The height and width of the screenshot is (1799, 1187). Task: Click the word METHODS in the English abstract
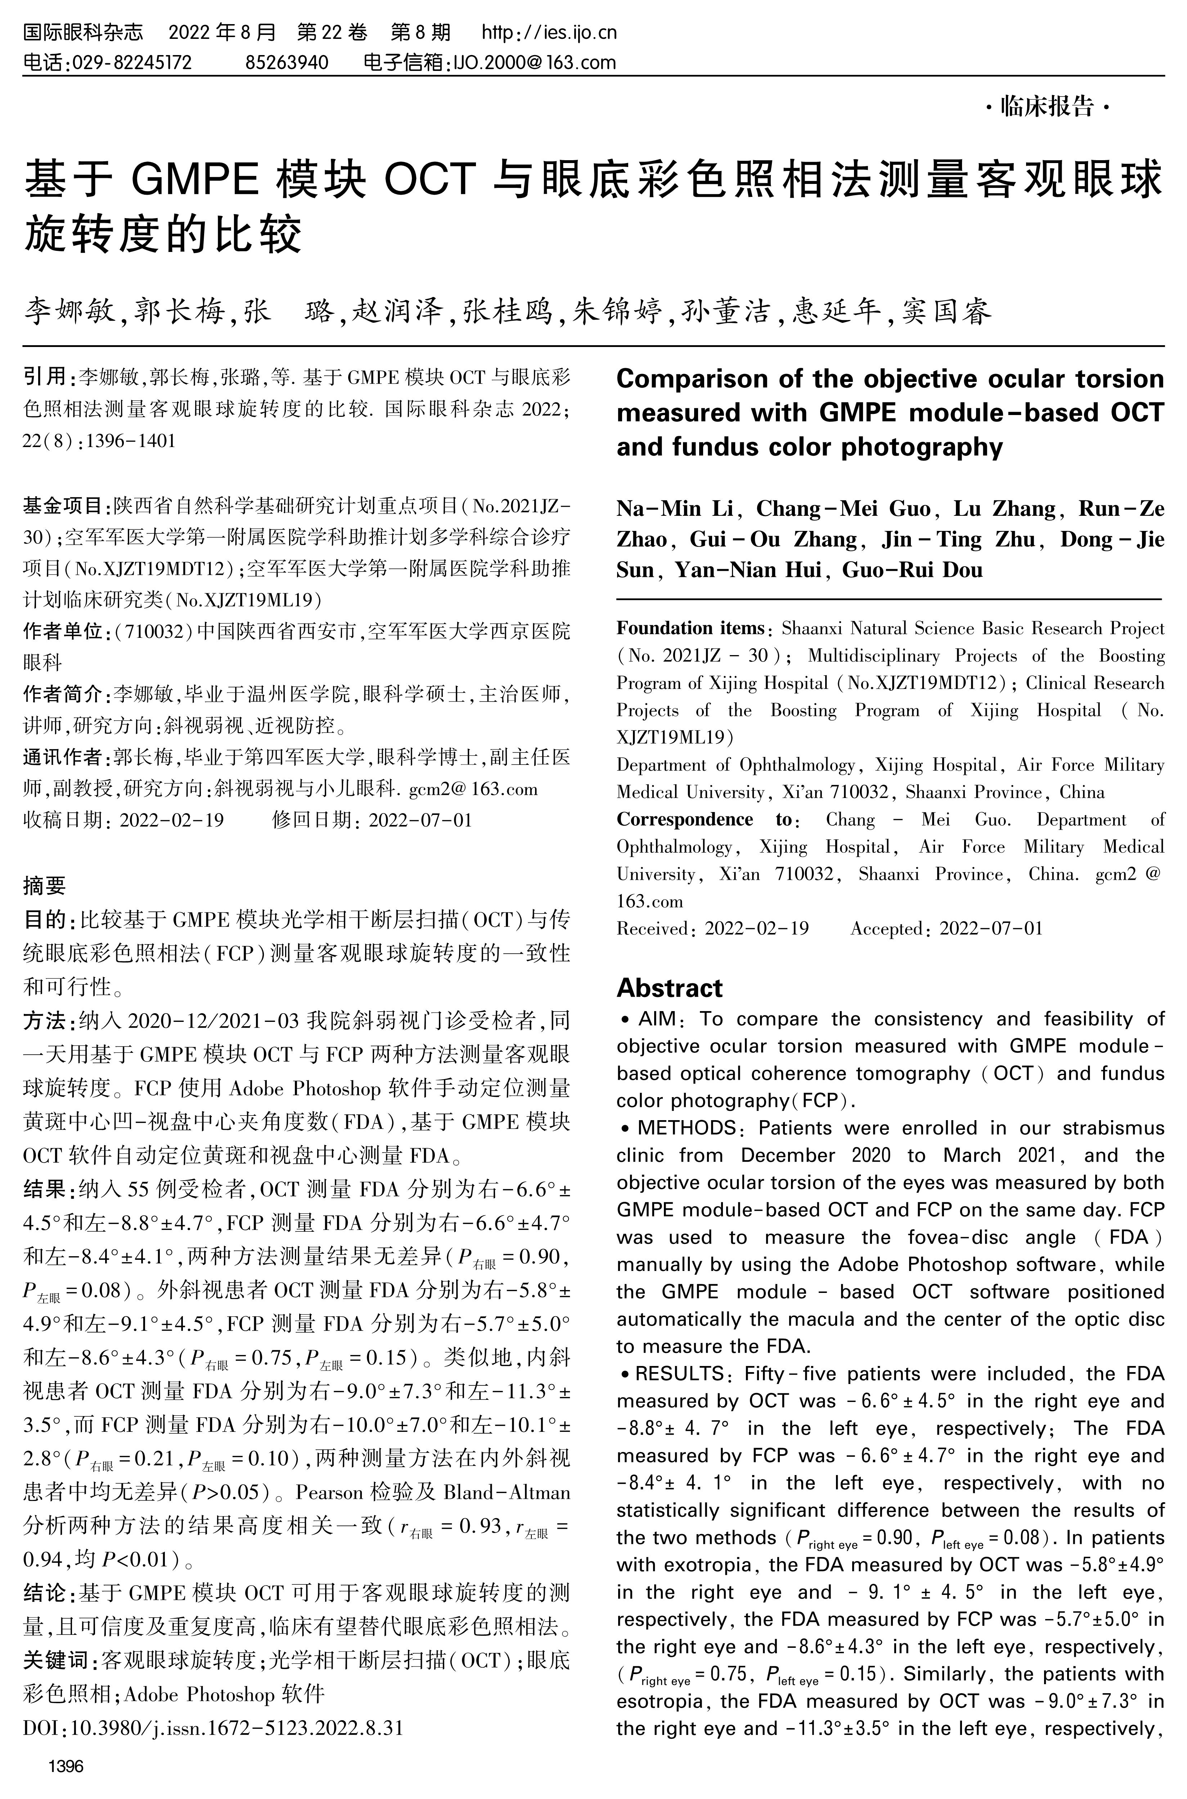coord(686,1128)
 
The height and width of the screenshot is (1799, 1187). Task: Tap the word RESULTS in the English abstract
coord(679,1374)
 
